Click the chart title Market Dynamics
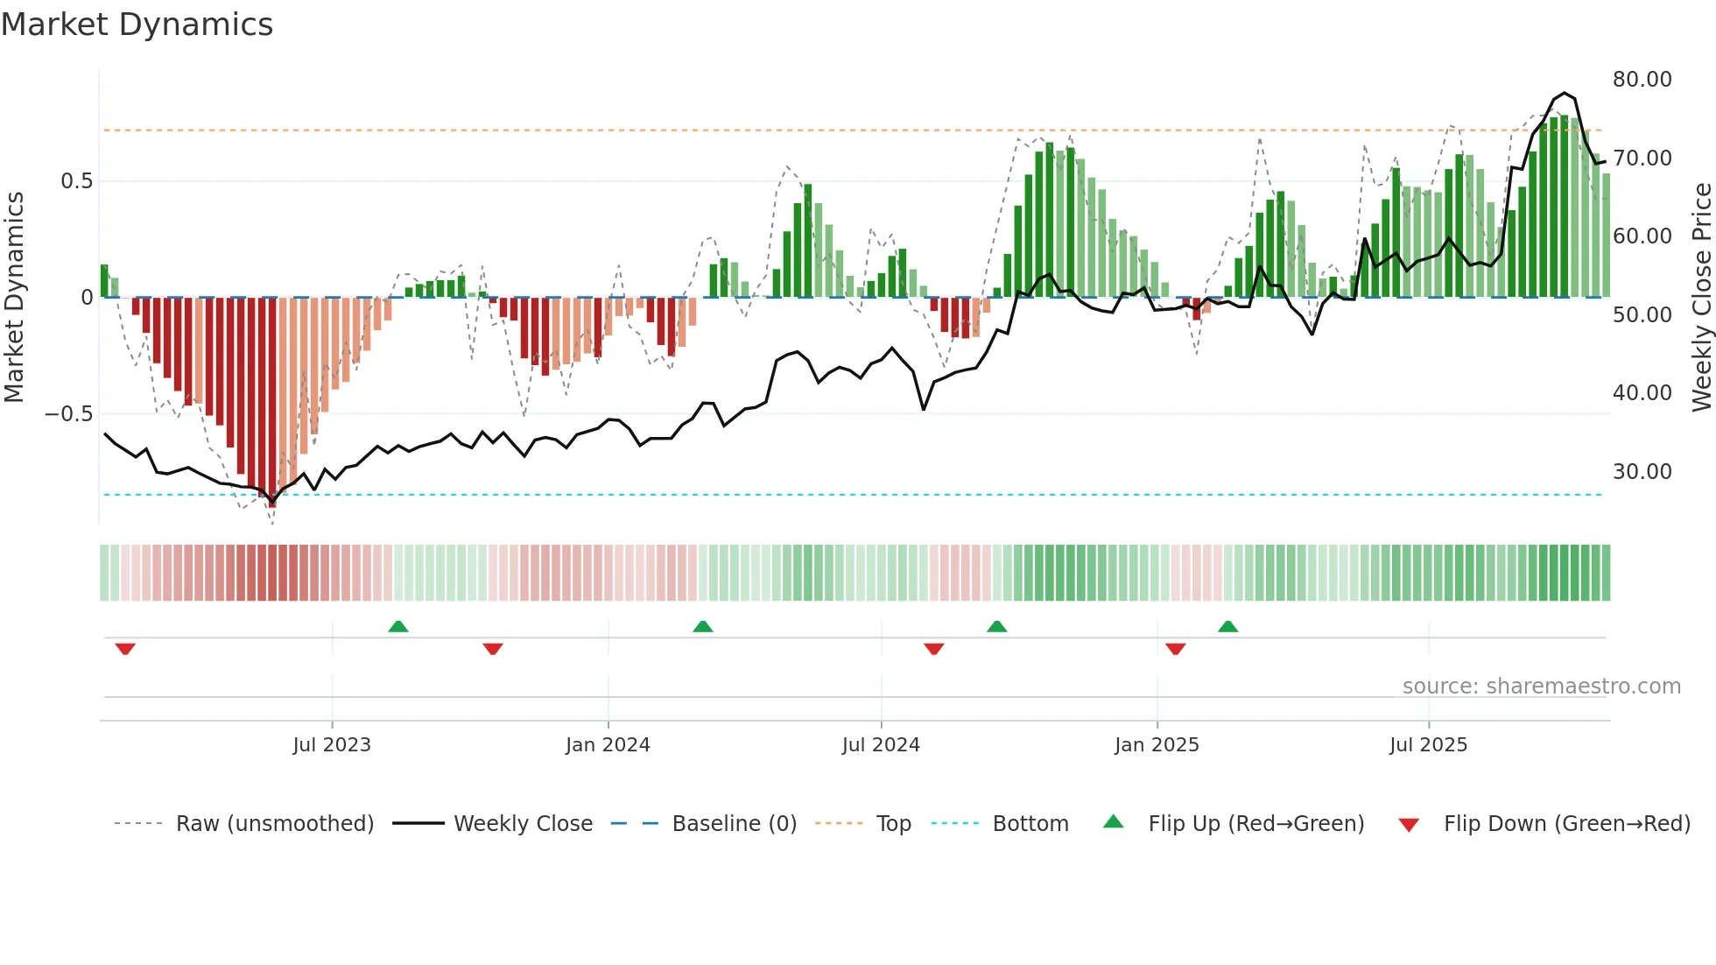pyautogui.click(x=137, y=25)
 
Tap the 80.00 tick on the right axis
pyautogui.click(x=1642, y=80)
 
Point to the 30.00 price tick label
pyautogui.click(x=1642, y=472)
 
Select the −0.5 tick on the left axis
pyautogui.click(x=68, y=414)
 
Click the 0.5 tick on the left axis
pyautogui.click(x=76, y=181)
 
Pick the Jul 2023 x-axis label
pyautogui.click(x=332, y=745)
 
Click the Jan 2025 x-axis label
pyautogui.click(x=1157, y=745)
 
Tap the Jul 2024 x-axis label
pyautogui.click(x=881, y=745)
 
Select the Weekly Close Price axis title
pyautogui.click(x=1701, y=298)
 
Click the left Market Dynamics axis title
pyautogui.click(x=14, y=298)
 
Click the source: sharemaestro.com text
pyautogui.click(x=1541, y=687)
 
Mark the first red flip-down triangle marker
pyautogui.click(x=125, y=649)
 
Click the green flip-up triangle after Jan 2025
pyautogui.click(x=1227, y=626)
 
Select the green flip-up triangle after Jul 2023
pyautogui.click(x=398, y=626)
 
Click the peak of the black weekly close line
pyautogui.click(x=1564, y=93)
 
